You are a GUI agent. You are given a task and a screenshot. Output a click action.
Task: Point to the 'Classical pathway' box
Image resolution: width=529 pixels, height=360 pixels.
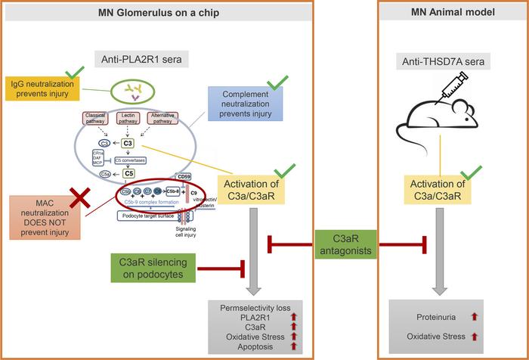click(98, 119)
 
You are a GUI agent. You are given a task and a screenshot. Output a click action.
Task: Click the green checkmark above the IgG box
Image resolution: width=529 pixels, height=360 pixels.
click(73, 73)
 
